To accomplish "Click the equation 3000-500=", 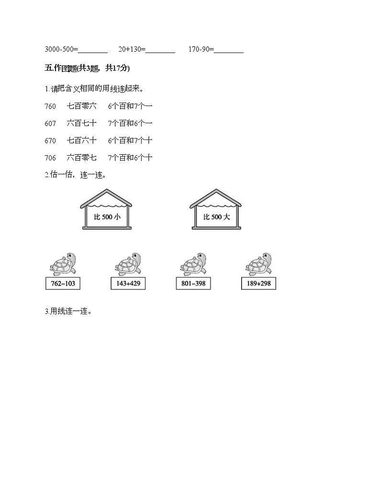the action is point(61,49).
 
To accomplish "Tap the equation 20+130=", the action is point(133,49).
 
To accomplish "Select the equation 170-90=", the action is point(201,49).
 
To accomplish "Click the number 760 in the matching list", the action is point(50,106).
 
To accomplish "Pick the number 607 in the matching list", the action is point(50,123).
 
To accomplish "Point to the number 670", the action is point(50,140).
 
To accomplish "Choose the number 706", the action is point(50,158).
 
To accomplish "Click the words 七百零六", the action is point(82,106).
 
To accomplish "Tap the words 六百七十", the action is point(82,123).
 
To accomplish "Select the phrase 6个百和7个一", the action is point(130,106).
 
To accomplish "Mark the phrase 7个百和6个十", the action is point(130,158).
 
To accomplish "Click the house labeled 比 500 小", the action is point(106,210).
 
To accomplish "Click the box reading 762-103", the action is point(63,284).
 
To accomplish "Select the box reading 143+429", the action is point(128,284).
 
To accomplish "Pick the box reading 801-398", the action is point(193,284).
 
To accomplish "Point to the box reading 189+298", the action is point(259,284).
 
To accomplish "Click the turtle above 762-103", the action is point(63,264).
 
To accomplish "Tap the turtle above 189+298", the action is point(259,264).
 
